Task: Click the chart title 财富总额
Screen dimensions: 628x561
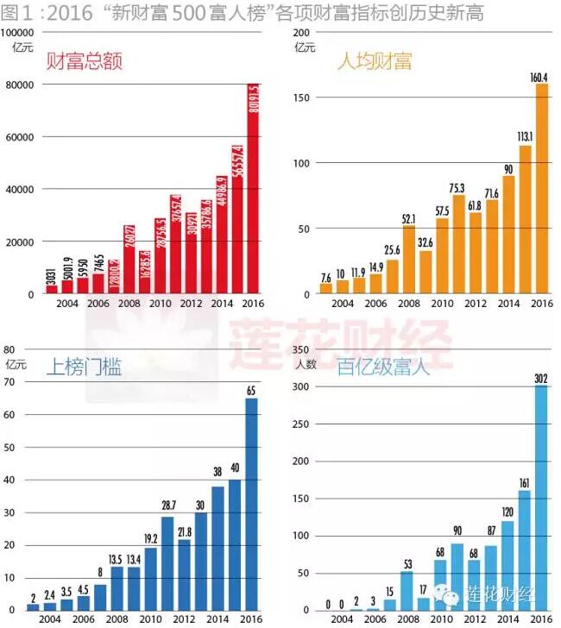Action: (x=84, y=61)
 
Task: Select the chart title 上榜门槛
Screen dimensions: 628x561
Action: (x=84, y=367)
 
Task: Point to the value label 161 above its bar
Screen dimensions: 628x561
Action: (x=525, y=481)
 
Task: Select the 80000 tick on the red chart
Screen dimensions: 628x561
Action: (x=19, y=85)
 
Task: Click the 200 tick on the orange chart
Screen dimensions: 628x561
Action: (x=302, y=32)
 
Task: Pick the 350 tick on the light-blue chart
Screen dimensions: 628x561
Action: (x=302, y=349)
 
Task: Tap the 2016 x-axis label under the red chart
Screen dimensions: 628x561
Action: (x=253, y=305)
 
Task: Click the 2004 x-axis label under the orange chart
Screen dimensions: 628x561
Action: (x=343, y=305)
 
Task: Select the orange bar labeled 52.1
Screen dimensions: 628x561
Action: (x=409, y=260)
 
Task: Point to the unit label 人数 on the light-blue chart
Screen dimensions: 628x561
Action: (x=305, y=363)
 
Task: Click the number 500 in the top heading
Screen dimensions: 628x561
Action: (x=184, y=12)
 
